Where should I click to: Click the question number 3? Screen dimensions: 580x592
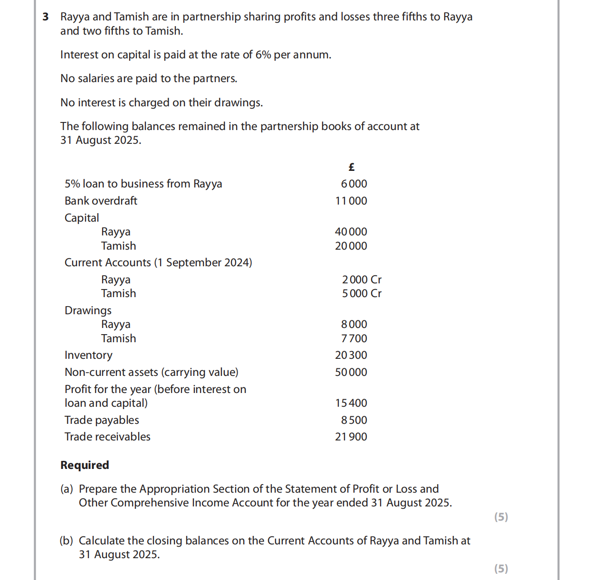coord(46,17)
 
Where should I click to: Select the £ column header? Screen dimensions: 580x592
coord(352,167)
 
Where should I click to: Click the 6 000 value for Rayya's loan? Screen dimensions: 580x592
coord(354,184)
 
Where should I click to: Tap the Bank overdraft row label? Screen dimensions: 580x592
coord(101,201)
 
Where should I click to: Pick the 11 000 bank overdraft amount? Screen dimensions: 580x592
coord(351,201)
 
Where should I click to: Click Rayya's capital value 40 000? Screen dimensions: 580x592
coord(351,232)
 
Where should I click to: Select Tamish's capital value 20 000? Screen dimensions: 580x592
coord(351,246)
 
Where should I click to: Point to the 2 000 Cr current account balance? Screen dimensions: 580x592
coord(362,280)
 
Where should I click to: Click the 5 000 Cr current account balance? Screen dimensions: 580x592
coord(362,294)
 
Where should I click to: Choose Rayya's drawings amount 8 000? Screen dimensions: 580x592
coord(354,325)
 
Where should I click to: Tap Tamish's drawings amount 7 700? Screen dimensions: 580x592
coord(354,339)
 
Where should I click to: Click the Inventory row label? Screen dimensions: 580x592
coord(88,355)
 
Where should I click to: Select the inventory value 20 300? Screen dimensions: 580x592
coord(351,355)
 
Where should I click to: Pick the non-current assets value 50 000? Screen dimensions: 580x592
coord(351,373)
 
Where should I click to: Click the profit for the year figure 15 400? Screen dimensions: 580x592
coord(351,403)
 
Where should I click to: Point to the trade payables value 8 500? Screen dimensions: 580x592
coord(354,421)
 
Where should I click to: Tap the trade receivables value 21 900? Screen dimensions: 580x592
coord(351,437)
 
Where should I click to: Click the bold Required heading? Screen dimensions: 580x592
coord(85,465)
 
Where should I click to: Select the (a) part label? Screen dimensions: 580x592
coord(67,489)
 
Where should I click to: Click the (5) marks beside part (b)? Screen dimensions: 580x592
coord(501,569)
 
